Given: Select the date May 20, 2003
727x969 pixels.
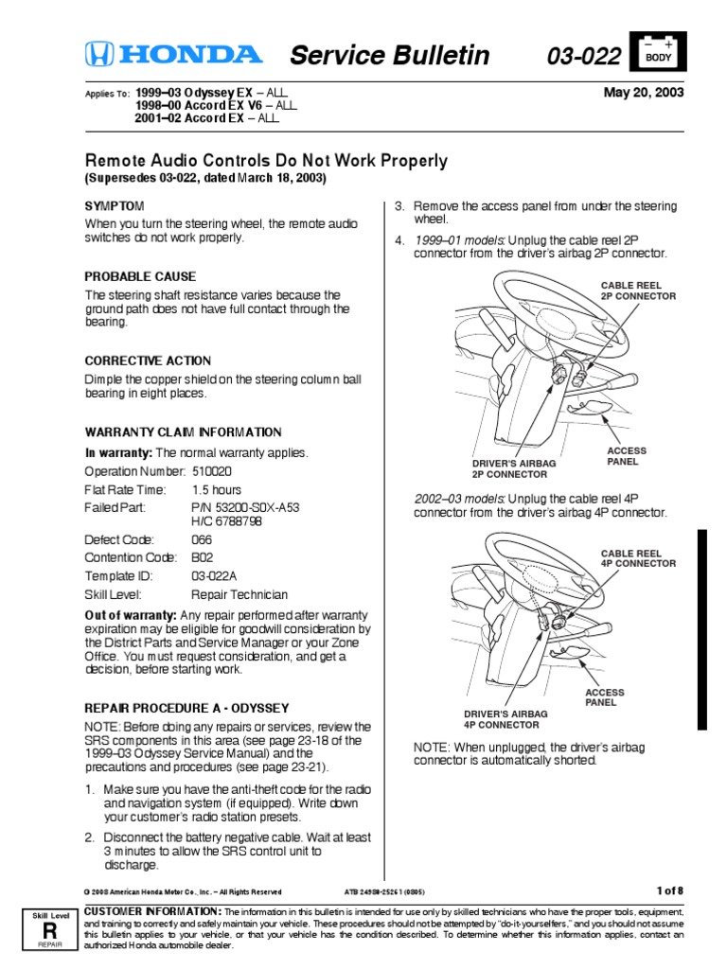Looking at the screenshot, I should point(642,93).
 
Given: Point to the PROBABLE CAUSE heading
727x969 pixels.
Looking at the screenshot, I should point(140,276).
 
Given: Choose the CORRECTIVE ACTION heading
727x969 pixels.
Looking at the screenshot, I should point(148,361).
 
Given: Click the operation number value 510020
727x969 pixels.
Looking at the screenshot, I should point(212,471).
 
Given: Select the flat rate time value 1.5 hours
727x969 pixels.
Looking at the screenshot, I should point(216,489).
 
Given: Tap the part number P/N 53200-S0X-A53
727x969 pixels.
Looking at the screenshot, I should point(245,507).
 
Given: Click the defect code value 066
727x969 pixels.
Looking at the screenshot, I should point(203,539).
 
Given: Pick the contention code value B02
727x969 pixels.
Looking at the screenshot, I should point(203,557).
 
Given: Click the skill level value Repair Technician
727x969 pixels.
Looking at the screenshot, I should point(239,594).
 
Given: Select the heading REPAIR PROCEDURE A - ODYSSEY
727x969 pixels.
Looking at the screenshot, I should point(186,707).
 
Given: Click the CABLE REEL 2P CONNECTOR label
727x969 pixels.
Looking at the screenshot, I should point(638,291).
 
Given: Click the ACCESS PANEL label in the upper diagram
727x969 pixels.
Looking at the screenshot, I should point(627,456).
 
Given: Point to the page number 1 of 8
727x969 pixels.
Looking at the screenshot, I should point(668,890).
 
